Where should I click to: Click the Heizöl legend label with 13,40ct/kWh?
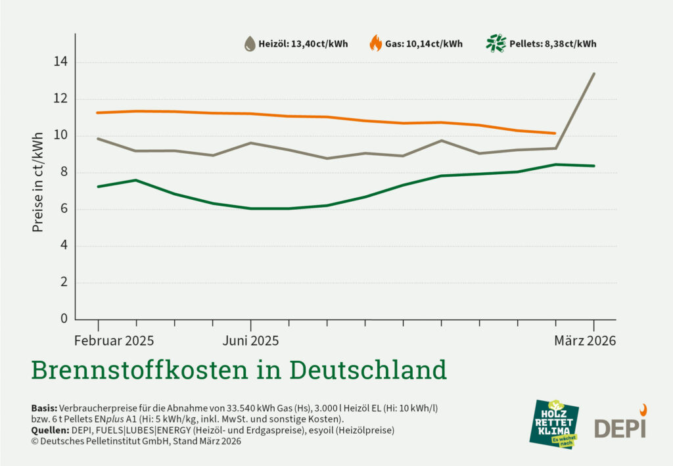click(304, 45)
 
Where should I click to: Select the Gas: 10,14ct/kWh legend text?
click(425, 45)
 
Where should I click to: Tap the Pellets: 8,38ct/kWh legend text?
click(553, 45)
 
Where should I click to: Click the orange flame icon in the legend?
click(375, 44)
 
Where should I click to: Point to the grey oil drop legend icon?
click(250, 44)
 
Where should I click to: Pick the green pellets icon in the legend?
click(495, 44)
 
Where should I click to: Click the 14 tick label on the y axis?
click(62, 62)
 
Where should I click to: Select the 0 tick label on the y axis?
click(64, 319)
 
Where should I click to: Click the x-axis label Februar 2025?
click(114, 340)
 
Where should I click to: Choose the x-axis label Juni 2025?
click(250, 340)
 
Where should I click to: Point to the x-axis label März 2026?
click(585, 340)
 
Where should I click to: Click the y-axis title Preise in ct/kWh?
click(38, 182)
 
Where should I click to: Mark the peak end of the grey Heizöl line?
click(594, 74)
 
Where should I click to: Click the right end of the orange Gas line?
click(555, 133)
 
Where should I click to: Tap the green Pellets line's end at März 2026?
click(594, 166)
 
